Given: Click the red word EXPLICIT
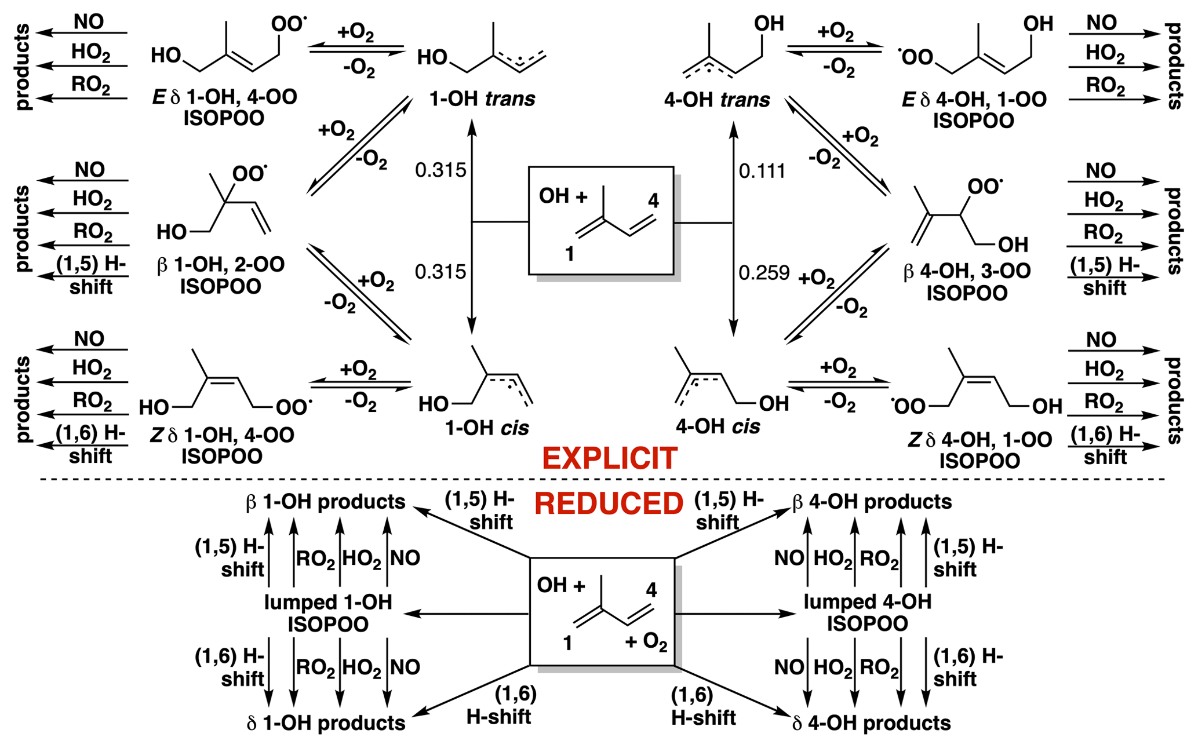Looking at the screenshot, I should pos(609,459).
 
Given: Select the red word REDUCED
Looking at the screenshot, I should pos(609,503).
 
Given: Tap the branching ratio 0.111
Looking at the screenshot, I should pos(762,172).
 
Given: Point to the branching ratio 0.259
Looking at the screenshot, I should pos(764,272).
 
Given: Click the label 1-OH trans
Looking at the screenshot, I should pos(482,99).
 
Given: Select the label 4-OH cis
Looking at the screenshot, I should pos(718,427).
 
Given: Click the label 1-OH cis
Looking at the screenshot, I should pos(487,428).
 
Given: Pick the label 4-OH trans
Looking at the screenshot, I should pos(717,100).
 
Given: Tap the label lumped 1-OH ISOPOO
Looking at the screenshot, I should pos(328,613).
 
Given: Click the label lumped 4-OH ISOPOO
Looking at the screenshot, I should pos(867,612).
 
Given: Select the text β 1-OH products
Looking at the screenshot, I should pos(326,502).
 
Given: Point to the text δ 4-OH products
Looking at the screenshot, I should pos(872,723).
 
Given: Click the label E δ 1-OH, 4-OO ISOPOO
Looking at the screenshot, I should pos(224,108).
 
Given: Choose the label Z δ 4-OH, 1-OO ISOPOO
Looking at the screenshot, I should pos(979,450).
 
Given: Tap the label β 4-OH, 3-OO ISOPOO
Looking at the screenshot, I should pos(967,282).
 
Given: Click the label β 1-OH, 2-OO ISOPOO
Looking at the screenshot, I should pos(221,275).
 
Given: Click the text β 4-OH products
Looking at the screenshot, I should pos(872,502).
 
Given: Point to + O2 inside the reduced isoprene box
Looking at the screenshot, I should pos(646,642).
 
